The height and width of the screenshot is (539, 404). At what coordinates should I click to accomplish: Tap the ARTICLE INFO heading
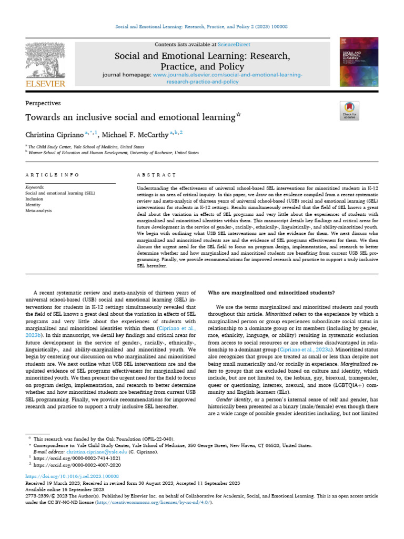(x=52, y=174)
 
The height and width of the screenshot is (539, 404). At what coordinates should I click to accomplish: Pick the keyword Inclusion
(x=35, y=199)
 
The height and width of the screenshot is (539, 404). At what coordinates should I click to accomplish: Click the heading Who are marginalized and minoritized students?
(x=272, y=292)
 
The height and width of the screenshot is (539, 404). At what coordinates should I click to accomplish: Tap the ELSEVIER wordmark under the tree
(x=44, y=83)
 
